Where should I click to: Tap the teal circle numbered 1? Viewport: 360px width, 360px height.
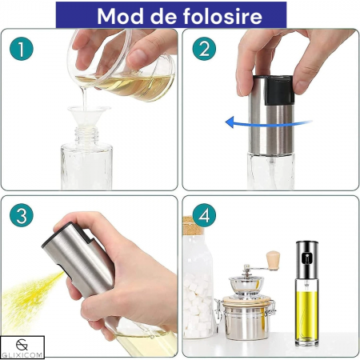coord(22,49)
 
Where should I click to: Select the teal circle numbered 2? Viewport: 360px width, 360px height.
coord(204,49)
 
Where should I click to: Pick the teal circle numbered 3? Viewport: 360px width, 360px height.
coord(22,215)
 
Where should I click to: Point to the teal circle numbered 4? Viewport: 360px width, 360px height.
coord(204,215)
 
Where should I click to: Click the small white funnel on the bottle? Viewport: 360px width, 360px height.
coord(89,116)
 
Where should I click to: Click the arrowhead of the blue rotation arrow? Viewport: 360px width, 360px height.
coord(230,122)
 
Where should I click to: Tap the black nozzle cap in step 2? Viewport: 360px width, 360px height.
coord(279,90)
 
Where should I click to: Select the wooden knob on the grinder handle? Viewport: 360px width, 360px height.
coord(273,261)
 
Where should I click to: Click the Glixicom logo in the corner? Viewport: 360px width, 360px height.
coord(22,347)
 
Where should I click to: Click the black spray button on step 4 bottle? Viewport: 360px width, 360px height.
coord(306,258)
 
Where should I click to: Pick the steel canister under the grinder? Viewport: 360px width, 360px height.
coord(246,318)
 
